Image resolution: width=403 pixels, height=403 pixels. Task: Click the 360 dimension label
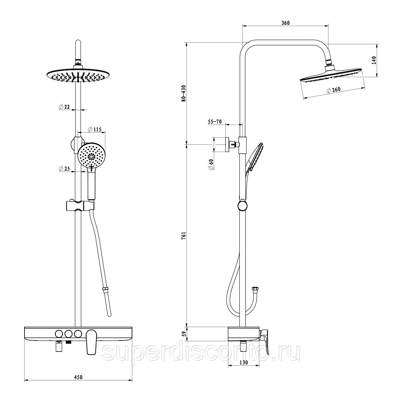click(285, 23)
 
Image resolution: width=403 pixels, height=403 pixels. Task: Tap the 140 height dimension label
click(374, 60)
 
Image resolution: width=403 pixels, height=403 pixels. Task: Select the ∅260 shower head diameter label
click(333, 90)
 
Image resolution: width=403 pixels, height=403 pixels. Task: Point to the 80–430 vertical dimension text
click(184, 93)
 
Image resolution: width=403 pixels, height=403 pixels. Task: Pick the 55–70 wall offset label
click(215, 122)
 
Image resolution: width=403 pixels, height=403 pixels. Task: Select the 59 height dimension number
click(184, 334)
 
